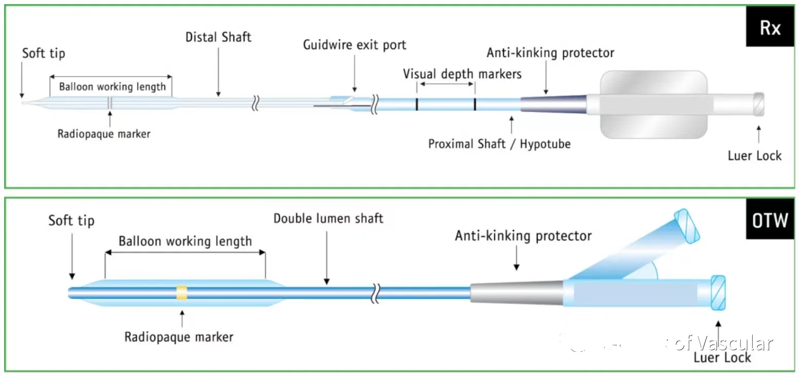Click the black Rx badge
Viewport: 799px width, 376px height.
tap(770, 28)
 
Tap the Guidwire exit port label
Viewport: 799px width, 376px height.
tap(354, 45)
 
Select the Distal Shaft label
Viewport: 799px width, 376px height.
tap(219, 37)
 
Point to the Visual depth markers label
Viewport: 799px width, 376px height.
tap(462, 74)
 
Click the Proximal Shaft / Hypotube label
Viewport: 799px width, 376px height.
tap(499, 144)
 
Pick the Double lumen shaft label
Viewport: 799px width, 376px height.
tap(328, 218)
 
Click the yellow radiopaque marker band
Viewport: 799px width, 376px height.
tap(181, 293)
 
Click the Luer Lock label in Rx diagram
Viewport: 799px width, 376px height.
tap(754, 156)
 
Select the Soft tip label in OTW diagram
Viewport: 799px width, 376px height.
tap(71, 221)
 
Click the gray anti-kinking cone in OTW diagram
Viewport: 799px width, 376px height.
tap(517, 292)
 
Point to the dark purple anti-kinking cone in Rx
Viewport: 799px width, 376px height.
tap(553, 103)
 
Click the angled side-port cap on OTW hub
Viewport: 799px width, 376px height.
tap(687, 224)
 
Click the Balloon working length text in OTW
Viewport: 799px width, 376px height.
tap(185, 241)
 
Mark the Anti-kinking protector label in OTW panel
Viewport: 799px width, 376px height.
tap(523, 236)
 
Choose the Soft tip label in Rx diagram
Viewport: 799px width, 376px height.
tap(44, 53)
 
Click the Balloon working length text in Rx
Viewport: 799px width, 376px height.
tap(112, 86)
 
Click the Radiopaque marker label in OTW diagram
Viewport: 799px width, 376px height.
tap(179, 337)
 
